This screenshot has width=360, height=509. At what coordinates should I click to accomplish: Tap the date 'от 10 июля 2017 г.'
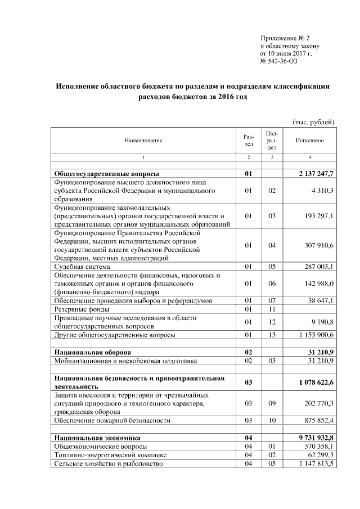click(286, 53)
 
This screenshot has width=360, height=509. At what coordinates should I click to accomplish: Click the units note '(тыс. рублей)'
click(313, 122)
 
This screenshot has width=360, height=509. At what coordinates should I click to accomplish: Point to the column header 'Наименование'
click(143, 140)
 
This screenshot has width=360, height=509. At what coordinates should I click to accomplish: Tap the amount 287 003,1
click(318, 266)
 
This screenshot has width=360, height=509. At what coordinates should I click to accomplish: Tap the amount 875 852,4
click(318, 420)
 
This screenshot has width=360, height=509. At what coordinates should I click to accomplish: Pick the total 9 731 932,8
click(316, 437)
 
